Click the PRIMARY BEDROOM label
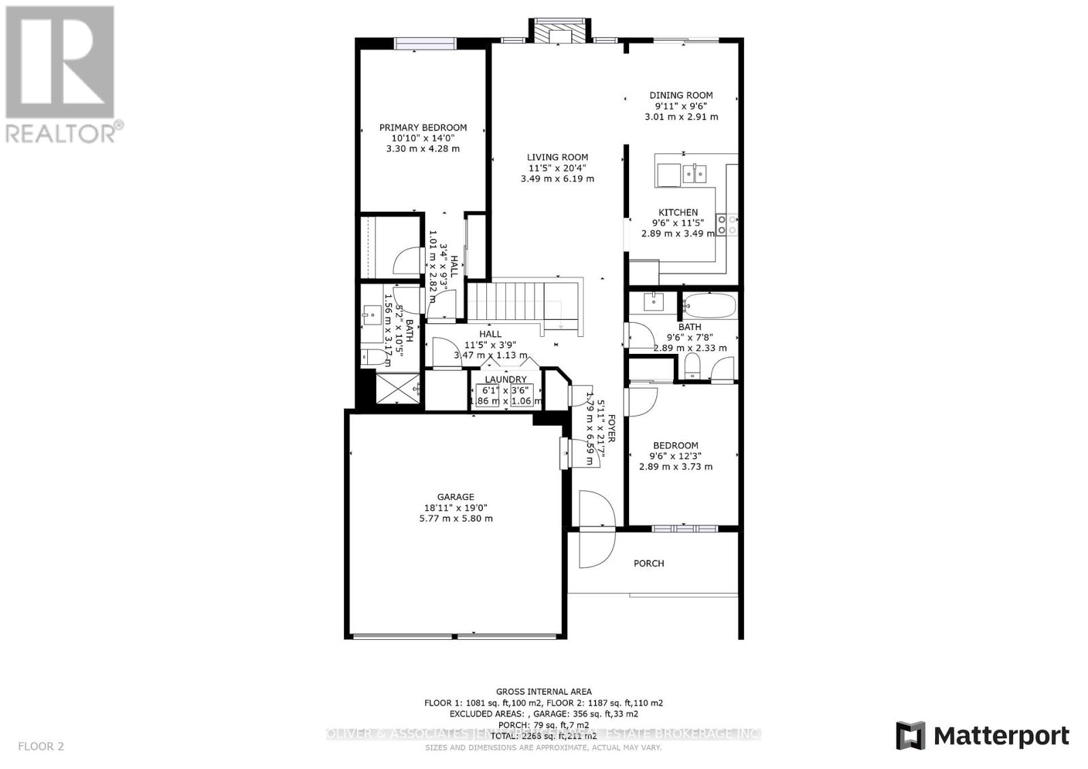click(x=423, y=127)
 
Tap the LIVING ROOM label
click(x=558, y=157)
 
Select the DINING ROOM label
click(x=681, y=95)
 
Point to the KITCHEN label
click(x=677, y=212)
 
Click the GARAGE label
click(x=456, y=497)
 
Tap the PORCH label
click(x=649, y=563)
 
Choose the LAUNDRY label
click(x=505, y=379)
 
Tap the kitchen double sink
click(x=694, y=174)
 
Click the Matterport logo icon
click(x=910, y=736)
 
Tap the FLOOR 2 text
click(x=41, y=746)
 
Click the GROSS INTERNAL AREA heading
click(x=543, y=692)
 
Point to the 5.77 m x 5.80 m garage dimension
click(x=456, y=518)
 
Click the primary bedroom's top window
click(x=426, y=43)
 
